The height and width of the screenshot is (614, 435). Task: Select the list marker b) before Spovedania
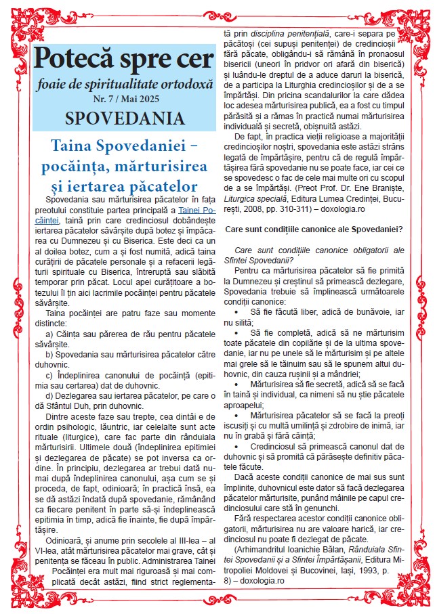[49, 354]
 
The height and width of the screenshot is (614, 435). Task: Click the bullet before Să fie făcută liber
[235, 311]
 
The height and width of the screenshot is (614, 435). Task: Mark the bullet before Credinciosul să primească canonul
[235, 449]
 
